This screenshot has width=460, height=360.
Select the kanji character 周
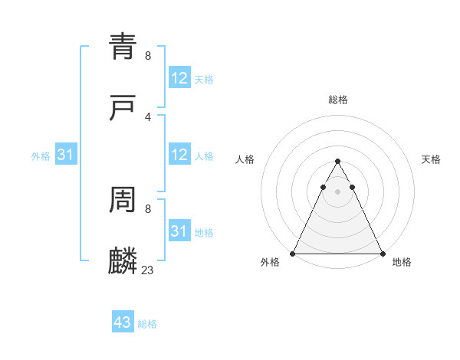pyautogui.click(x=123, y=201)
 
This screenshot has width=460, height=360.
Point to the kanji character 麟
pyautogui.click(x=123, y=261)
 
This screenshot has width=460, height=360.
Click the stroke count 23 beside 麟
pyautogui.click(x=148, y=270)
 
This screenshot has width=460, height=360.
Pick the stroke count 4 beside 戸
pyautogui.click(x=148, y=116)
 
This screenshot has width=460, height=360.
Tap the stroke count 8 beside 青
pyautogui.click(x=148, y=55)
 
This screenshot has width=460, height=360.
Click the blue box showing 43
pyautogui.click(x=123, y=322)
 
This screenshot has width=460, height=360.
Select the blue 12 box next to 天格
pyautogui.click(x=179, y=78)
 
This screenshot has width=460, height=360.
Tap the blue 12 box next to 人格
pyautogui.click(x=179, y=155)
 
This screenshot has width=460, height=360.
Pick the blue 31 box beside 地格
pyautogui.click(x=179, y=231)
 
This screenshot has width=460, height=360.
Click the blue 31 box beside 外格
pyautogui.click(x=66, y=155)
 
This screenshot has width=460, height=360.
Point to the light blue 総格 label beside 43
pyautogui.click(x=147, y=324)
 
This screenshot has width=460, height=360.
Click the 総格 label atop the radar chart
pyautogui.click(x=338, y=100)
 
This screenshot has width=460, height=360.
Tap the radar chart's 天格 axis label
pyautogui.click(x=432, y=159)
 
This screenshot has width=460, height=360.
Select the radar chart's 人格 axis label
pyautogui.click(x=245, y=159)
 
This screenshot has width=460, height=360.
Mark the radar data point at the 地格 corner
pyautogui.click(x=382, y=254)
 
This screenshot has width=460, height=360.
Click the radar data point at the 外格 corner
pyautogui.click(x=293, y=254)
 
